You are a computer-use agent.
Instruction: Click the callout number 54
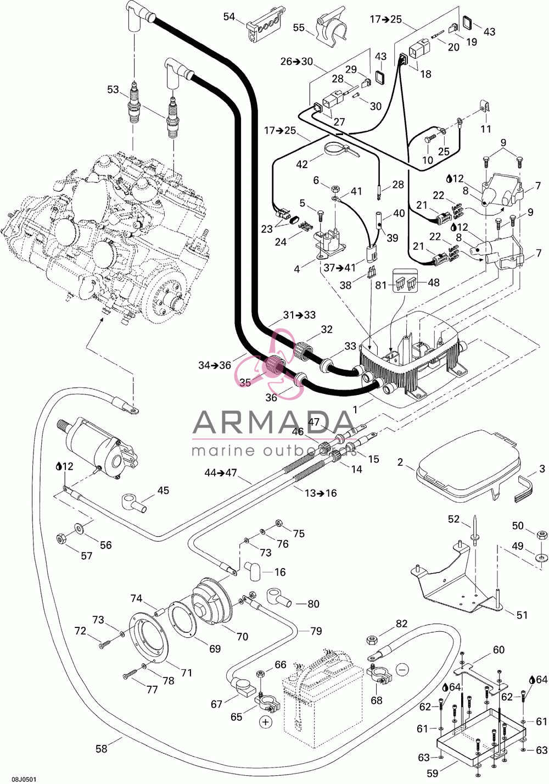229,16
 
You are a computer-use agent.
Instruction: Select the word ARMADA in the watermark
273,421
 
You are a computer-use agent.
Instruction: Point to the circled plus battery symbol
266,722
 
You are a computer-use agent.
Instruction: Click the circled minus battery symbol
402,669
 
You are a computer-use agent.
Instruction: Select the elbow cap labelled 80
279,598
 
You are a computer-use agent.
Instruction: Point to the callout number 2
400,463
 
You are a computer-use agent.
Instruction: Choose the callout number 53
113,90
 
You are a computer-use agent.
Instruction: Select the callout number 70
242,637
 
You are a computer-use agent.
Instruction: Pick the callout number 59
433,772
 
